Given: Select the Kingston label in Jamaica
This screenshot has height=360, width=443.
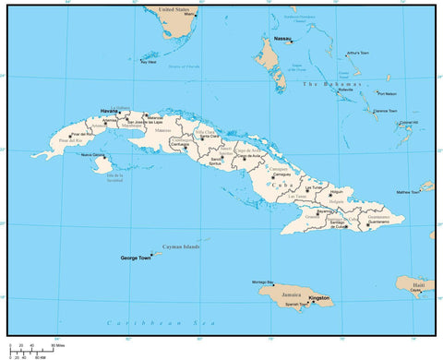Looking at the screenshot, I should click(318, 298).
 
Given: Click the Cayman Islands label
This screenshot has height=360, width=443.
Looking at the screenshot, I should click(181, 246).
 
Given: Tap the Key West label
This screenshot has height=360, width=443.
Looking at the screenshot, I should click(149, 63).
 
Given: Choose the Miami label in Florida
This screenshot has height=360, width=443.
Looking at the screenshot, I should click(190, 16).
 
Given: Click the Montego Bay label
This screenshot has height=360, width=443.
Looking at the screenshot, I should click(263, 281).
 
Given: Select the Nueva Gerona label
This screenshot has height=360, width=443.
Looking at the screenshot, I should click(93, 155).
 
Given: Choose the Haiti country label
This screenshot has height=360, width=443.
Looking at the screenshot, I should click(417, 285).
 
